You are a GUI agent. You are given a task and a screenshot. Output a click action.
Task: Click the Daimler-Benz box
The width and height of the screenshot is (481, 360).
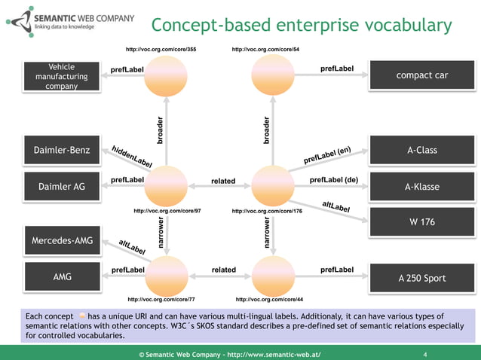point(62,150)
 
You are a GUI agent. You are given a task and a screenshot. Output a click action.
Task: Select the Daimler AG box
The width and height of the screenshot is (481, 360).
point(62,187)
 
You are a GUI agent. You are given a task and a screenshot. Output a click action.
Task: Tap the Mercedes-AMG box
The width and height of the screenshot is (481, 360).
point(62,241)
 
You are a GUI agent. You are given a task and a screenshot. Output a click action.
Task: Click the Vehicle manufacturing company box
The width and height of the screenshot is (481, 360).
point(62,76)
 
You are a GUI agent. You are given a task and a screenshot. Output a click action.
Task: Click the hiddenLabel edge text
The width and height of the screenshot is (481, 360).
point(132,155)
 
